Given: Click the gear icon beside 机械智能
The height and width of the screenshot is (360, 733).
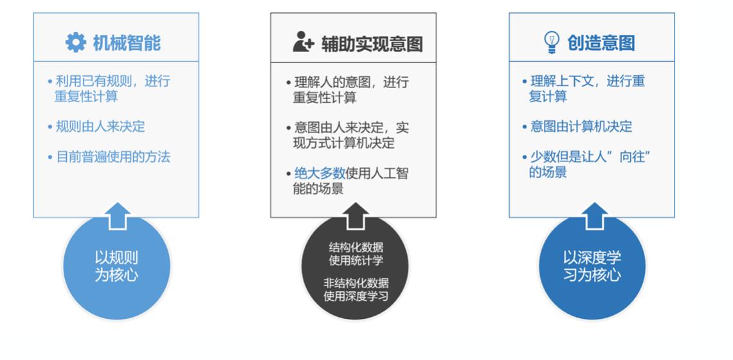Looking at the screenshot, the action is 76,42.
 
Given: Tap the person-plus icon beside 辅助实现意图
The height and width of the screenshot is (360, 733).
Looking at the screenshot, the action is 303,42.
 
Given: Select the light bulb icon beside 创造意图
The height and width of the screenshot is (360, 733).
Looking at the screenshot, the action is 552,42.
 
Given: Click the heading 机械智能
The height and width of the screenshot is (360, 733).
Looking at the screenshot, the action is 127,43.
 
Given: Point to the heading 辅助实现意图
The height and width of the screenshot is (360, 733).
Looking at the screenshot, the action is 372,44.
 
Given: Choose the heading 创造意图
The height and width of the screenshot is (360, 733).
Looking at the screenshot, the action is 601,43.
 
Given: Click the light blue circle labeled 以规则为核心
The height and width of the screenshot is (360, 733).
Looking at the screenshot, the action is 116,267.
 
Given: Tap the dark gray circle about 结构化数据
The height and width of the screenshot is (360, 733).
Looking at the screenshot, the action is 356,267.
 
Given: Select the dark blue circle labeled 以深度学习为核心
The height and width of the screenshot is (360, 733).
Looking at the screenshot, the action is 592,267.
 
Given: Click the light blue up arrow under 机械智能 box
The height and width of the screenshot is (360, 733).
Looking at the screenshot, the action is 117,216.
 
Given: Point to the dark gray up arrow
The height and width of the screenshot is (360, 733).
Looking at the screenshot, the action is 356,216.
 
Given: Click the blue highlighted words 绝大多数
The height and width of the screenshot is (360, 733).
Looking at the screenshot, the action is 320,174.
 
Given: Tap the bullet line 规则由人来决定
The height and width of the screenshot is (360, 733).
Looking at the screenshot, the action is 100,126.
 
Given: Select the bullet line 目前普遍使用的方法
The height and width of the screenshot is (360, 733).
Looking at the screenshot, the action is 113,157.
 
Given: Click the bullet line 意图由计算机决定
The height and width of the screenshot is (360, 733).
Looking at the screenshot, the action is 581,126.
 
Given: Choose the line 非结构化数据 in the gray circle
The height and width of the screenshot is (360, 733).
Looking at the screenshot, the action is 356,283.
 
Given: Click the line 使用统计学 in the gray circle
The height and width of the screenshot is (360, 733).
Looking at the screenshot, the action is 356,260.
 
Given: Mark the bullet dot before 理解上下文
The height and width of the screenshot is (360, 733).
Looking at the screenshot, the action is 525,82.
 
